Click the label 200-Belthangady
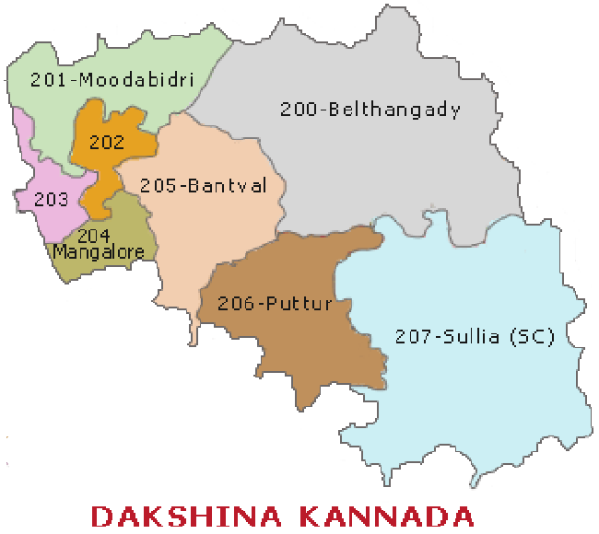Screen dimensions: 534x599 [370, 110]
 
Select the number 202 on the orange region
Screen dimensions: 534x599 [106, 143]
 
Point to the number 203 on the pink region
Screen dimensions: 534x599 [50, 198]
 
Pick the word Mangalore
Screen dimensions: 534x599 [99, 250]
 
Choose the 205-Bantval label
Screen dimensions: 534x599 [203, 186]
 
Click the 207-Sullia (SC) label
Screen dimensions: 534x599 [475, 337]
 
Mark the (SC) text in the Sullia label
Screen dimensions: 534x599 [532, 337]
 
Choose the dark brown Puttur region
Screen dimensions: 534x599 [304, 350]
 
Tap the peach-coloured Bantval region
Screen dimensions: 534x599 [221, 239]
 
